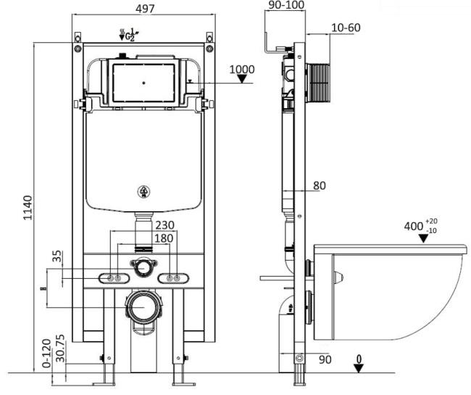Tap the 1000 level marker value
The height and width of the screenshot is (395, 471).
(241, 70)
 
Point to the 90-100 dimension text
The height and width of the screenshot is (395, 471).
(286, 6)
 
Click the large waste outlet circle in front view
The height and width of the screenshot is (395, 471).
(143, 307)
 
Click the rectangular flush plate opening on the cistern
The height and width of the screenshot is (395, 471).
(143, 84)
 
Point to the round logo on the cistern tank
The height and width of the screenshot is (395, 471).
(143, 192)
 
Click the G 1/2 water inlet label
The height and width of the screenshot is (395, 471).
(128, 33)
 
